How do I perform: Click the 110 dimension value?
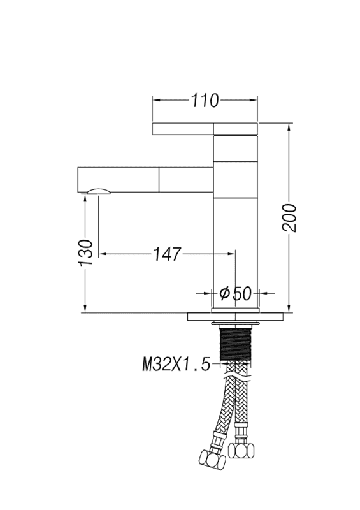click(205, 101)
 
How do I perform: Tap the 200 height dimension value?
click(289, 218)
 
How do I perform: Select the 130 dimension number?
click(86, 252)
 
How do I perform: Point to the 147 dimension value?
click(167, 254)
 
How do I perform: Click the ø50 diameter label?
click(236, 293)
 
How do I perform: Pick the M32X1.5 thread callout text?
click(176, 364)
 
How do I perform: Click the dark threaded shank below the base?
click(236, 344)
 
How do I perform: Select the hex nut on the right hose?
click(241, 450)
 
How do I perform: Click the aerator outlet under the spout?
click(99, 191)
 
